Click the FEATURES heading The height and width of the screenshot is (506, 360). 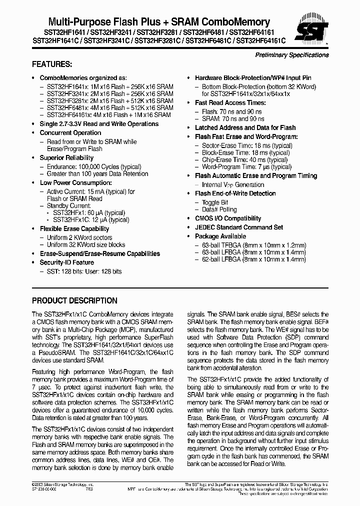[52, 64]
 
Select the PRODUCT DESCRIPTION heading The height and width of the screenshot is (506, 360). [74, 301]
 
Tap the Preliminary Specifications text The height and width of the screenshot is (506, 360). [292, 55]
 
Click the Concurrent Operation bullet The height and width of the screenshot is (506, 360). [70, 133]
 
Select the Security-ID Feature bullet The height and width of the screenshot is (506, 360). [67, 262]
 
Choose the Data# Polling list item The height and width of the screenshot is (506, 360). [219, 210]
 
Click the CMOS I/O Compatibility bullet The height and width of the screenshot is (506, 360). [228, 218]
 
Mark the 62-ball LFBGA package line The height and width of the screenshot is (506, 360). [253, 260]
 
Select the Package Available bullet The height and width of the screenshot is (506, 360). [220, 236]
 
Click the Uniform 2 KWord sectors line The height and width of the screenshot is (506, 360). [79, 237]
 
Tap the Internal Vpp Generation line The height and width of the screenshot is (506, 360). [232, 184]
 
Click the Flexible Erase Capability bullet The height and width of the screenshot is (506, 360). [74, 229]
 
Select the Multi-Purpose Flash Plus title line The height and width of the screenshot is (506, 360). [158, 22]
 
